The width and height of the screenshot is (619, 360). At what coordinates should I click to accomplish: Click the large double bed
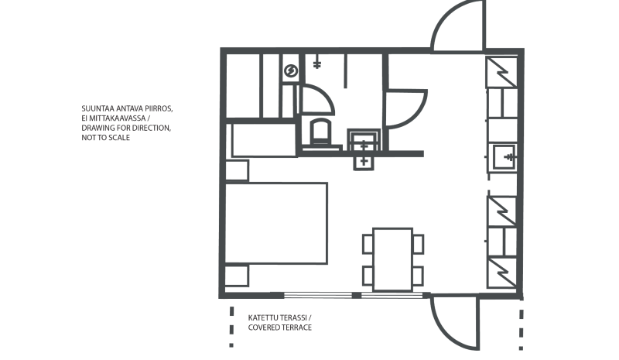pos(275,223)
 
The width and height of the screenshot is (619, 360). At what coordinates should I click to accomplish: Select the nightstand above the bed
pos(237,170)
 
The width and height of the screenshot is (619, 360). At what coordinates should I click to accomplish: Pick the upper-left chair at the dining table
pos(368,244)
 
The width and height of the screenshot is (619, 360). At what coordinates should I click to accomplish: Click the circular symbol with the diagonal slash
pos(290,71)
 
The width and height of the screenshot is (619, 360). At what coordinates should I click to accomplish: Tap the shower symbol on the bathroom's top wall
pos(317,63)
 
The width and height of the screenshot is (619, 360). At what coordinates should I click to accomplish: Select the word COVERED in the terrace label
pos(265,328)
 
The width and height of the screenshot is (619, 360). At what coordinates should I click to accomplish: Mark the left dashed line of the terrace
pos(231,325)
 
